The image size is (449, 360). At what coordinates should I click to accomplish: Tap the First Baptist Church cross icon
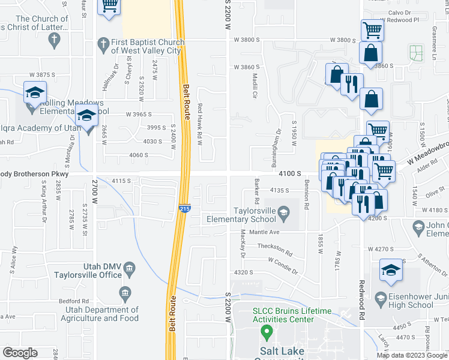(x=103, y=44)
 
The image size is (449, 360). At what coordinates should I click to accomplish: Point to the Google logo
(x=20, y=353)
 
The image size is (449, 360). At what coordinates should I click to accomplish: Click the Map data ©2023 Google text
(x=412, y=355)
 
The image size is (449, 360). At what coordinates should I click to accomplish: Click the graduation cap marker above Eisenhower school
(x=391, y=271)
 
